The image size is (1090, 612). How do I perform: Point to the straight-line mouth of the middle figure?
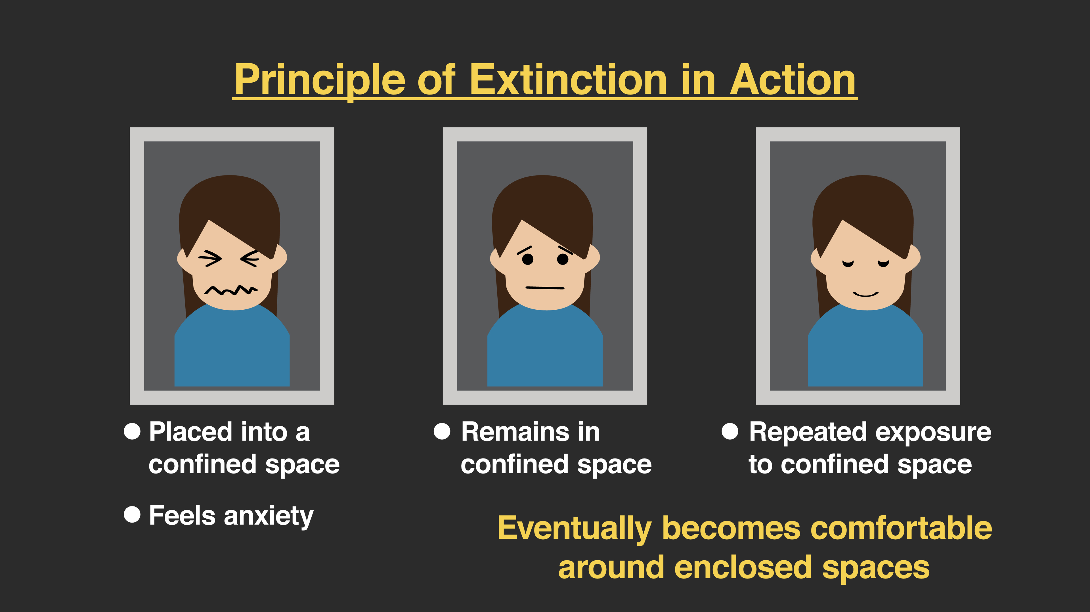pyautogui.click(x=545, y=288)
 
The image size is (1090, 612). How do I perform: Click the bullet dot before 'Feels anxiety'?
pyautogui.click(x=132, y=515)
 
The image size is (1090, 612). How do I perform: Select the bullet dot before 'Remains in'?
pyautogui.click(x=442, y=431)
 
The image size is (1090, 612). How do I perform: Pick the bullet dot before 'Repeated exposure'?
pyautogui.click(x=730, y=431)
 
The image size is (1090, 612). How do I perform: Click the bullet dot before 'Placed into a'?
pyautogui.click(x=132, y=431)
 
